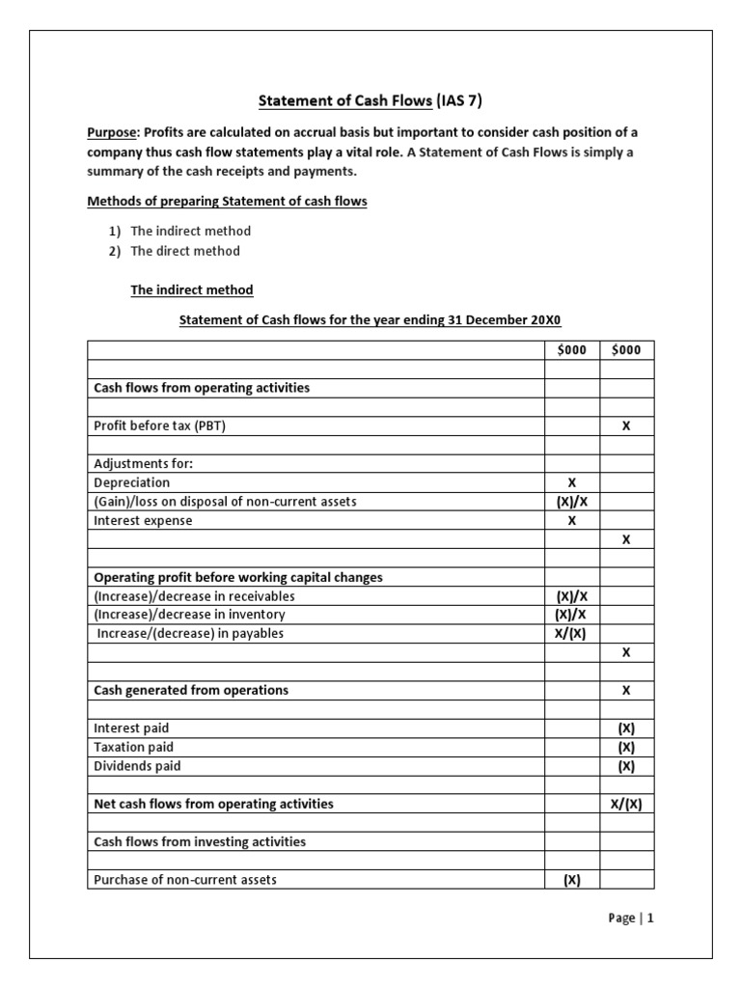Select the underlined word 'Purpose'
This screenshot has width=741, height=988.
pos(111,133)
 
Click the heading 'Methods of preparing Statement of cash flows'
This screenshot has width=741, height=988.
pos(227,202)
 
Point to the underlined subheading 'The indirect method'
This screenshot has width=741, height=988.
pos(192,290)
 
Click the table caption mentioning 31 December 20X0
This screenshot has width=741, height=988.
pos(370,320)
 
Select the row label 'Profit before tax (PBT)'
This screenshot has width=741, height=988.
pos(159,425)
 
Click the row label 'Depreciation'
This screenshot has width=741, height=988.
pos(131,482)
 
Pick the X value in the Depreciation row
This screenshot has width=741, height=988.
pos(571,482)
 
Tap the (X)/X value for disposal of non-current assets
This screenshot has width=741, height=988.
pos(571,502)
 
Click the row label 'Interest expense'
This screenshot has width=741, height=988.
pos(143,521)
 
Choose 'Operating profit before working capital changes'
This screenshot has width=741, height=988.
pos(238,578)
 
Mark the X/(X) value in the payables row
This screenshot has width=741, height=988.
pos(571,634)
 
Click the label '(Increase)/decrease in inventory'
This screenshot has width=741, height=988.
pos(189,615)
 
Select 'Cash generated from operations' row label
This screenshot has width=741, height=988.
pos(191,691)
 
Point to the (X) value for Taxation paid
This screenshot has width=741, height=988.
pos(626,748)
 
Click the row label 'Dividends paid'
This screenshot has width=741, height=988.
pos(137,766)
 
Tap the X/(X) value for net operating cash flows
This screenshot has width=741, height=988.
pos(626,804)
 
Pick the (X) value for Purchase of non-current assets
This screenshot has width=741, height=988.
pos(571,880)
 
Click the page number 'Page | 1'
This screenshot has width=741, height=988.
pos(631,919)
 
